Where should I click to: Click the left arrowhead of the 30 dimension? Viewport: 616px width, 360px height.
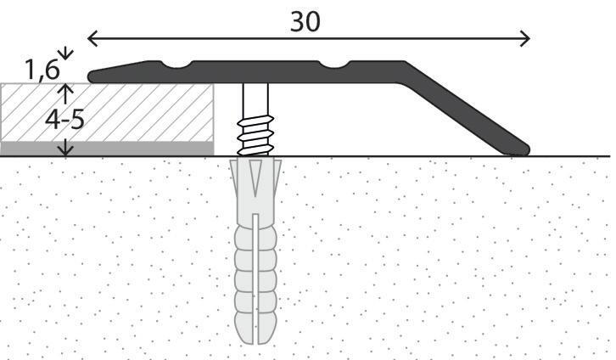[x=92, y=38]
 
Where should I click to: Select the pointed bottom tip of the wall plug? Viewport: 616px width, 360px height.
[x=255, y=340]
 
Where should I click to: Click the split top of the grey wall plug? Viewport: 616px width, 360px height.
[x=255, y=174]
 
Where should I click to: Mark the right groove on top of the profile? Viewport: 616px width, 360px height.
[x=339, y=64]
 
